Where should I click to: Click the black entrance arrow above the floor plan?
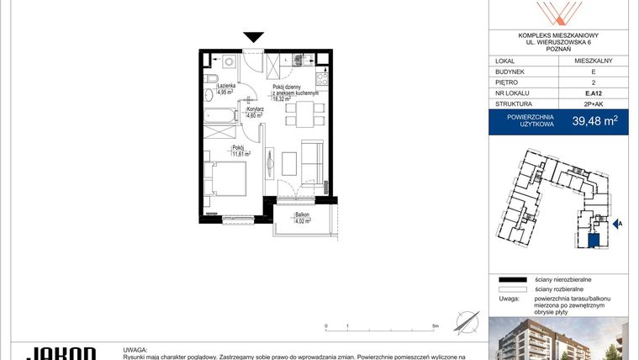pos(254,37)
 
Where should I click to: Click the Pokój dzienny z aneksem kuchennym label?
pos(293,93)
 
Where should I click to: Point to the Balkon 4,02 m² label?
pos(303,218)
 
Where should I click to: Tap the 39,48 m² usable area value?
pos(594,121)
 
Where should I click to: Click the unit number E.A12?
pos(594,95)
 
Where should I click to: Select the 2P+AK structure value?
pos(594,107)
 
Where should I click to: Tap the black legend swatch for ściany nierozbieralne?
pos(511,278)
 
